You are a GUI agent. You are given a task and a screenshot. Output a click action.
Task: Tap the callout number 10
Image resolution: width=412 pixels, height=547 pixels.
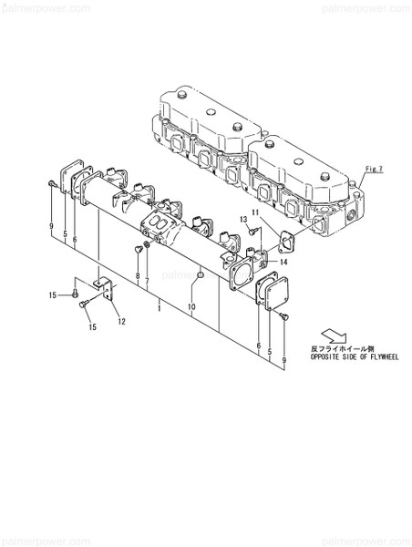tap(192, 307)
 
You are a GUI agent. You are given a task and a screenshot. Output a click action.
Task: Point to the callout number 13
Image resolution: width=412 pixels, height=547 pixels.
tap(244, 220)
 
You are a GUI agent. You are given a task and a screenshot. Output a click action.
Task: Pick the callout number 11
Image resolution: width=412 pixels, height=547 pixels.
tap(256, 212)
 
